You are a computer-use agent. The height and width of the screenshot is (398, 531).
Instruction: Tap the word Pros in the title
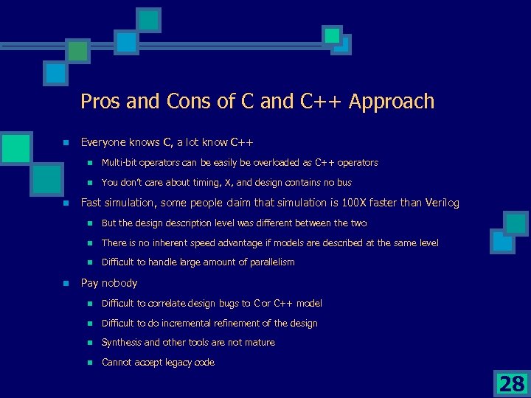pyautogui.click(x=101, y=102)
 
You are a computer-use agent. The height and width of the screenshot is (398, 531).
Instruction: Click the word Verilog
pyautogui.click(x=440, y=203)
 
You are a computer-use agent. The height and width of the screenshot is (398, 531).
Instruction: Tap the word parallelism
pyautogui.click(x=269, y=262)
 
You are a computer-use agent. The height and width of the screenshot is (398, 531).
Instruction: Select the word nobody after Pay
pyautogui.click(x=119, y=283)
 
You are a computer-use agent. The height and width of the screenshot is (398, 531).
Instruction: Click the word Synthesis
pyautogui.click(x=122, y=343)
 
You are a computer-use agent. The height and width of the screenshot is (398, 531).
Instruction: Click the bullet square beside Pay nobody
pyautogui.click(x=66, y=284)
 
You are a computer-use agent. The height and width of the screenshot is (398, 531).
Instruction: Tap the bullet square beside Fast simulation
pyautogui.click(x=66, y=203)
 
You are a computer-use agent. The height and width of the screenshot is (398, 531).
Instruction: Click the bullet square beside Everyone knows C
pyautogui.click(x=66, y=142)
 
